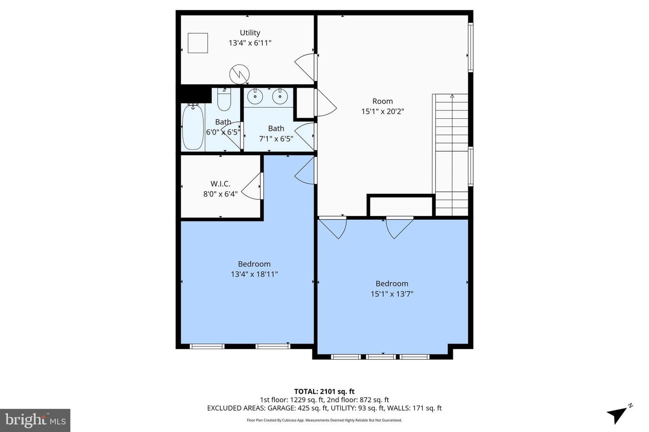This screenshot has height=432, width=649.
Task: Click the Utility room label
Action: (x=250, y=33)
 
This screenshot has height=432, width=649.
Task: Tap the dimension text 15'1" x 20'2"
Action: (x=383, y=112)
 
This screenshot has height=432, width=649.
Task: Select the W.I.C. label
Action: (x=220, y=184)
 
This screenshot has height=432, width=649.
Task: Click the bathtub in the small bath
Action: (x=193, y=127)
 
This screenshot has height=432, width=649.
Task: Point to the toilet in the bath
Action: (x=224, y=99)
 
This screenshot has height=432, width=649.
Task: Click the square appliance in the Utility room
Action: (x=198, y=43)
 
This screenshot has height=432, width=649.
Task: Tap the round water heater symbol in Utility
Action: (x=239, y=74)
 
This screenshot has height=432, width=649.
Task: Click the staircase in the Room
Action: (x=450, y=155)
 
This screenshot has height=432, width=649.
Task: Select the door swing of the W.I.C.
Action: (x=251, y=186)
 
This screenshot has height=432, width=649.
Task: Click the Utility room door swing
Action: (x=305, y=67)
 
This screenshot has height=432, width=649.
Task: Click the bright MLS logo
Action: (x=35, y=420)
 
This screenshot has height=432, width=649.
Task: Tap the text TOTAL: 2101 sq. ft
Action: (x=324, y=391)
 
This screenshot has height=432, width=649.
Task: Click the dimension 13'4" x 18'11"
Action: (x=254, y=274)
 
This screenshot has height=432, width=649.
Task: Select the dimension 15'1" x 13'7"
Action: (x=392, y=294)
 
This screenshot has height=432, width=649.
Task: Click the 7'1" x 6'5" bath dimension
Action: (x=276, y=139)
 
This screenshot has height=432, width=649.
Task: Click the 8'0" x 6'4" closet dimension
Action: (x=220, y=194)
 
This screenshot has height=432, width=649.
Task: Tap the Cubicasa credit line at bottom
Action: (x=324, y=420)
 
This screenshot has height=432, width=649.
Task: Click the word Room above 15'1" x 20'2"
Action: (x=383, y=101)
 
